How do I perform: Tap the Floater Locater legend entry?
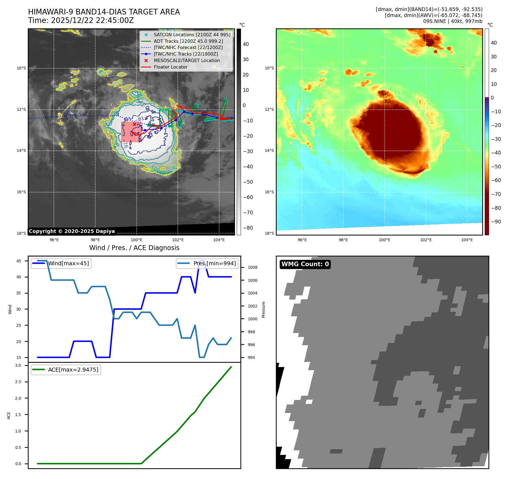tap(170, 67)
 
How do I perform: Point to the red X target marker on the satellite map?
tap(134, 124)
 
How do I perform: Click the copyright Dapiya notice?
tap(72, 231)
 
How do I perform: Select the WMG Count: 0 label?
tap(305, 264)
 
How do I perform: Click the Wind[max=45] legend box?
tap(61, 264)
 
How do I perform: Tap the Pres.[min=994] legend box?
tap(207, 264)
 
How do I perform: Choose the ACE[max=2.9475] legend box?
tap(66, 370)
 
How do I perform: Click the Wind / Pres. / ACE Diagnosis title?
tap(134, 248)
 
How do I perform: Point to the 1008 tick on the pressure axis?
tap(252, 268)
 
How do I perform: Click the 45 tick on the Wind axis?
tap(19, 261)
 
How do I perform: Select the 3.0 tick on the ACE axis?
tap(18, 366)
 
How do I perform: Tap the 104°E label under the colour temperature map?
tap(467, 240)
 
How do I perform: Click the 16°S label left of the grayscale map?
tap(21, 192)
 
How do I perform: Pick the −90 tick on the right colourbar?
tap(496, 222)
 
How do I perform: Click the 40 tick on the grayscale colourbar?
tap(246, 44)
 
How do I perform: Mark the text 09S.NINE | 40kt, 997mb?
tap(452, 21)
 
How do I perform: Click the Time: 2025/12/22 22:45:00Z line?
tap(81, 21)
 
